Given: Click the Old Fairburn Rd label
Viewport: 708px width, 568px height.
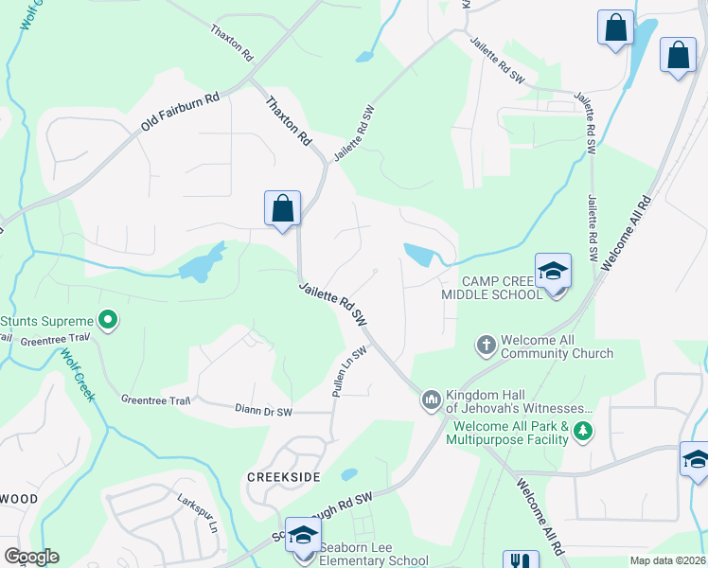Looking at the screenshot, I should point(180,113).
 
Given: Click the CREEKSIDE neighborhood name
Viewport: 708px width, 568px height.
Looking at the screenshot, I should point(284,475).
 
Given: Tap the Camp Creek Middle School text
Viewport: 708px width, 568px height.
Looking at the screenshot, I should point(492,288).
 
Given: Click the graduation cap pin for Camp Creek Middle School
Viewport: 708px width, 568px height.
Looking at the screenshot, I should point(553,272).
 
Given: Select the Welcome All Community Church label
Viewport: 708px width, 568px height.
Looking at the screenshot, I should point(557,346).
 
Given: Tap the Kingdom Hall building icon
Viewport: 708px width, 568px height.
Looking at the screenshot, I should point(432,400).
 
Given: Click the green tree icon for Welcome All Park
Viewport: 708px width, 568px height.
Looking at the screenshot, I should point(583,433).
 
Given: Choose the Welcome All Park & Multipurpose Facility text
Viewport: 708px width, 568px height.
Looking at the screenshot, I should point(506,433).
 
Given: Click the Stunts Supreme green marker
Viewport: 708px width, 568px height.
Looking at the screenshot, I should point(108,320).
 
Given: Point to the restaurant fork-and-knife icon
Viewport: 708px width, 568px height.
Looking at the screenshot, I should point(520,559).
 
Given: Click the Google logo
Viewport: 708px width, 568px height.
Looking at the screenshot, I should point(31,557).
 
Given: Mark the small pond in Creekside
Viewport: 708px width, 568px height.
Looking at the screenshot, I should point(348,474).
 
